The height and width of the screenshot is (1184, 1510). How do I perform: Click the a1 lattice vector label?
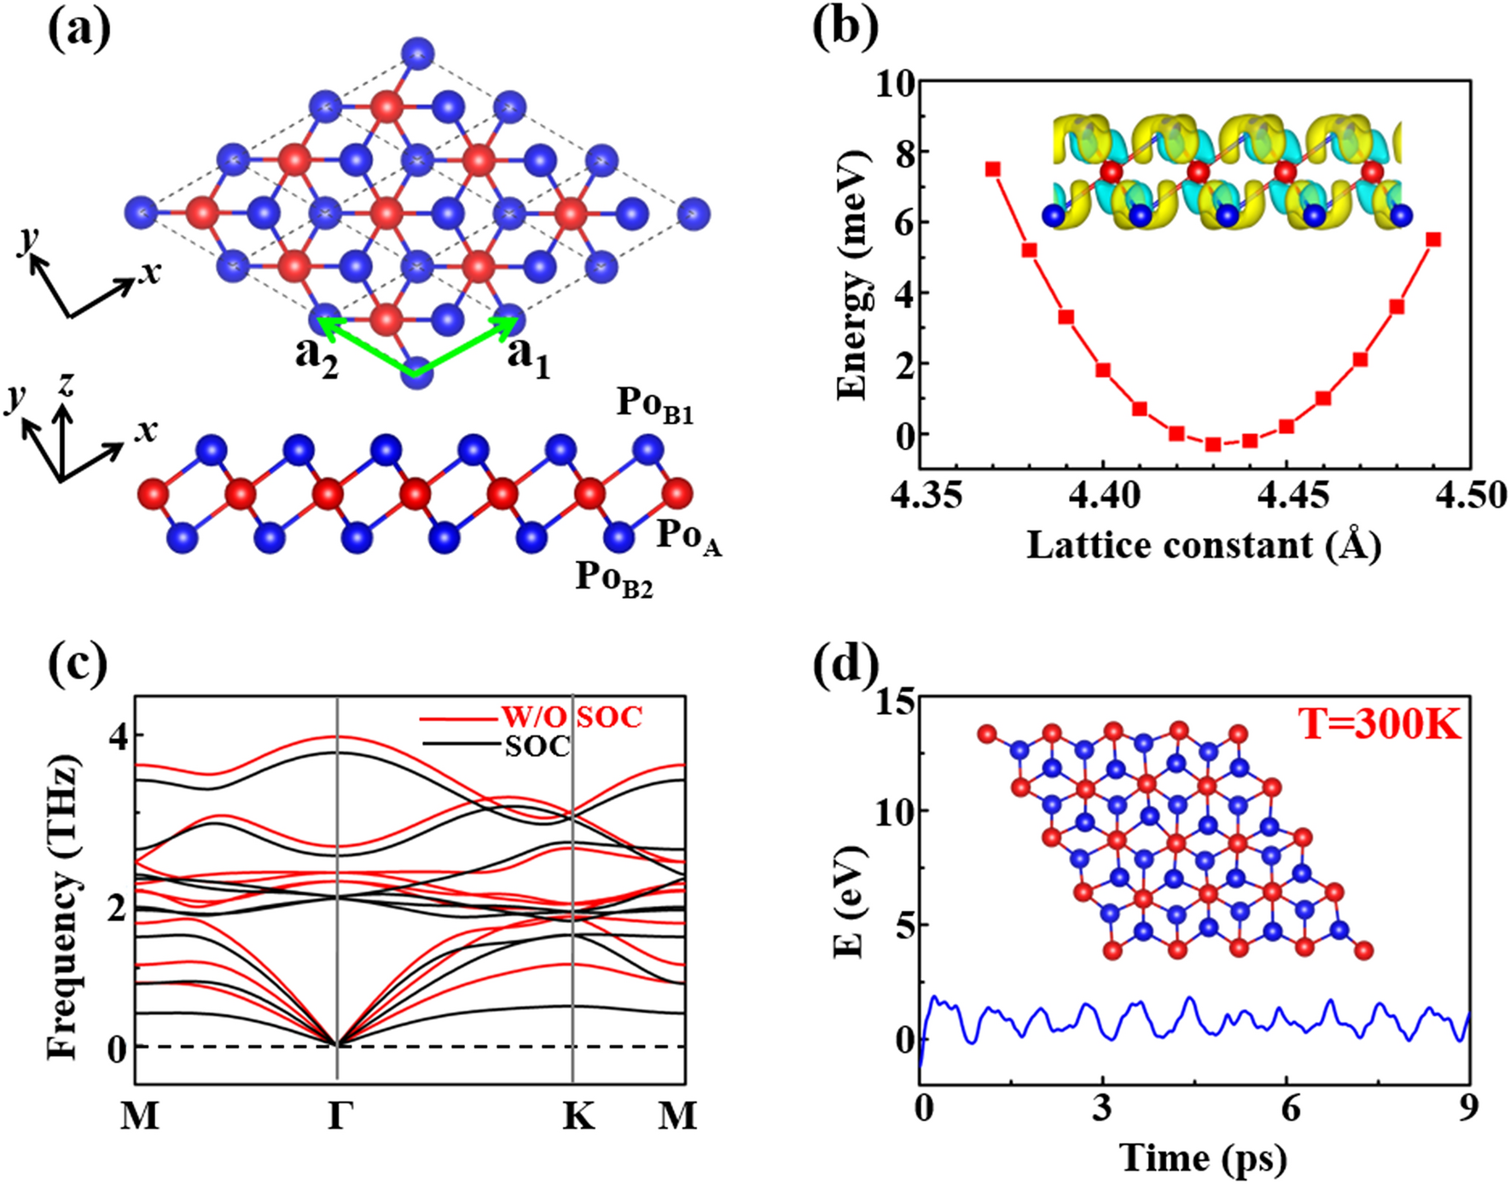coord(528,356)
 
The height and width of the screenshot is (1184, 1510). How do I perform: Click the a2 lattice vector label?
coord(317,356)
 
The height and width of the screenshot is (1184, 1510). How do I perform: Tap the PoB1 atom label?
coord(655,403)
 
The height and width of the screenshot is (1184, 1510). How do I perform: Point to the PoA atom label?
coord(688,537)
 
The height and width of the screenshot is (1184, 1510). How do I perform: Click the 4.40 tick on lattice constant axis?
coord(1102,495)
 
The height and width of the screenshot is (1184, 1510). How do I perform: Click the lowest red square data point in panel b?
coord(1212,444)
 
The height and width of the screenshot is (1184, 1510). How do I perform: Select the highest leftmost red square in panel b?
coord(992,169)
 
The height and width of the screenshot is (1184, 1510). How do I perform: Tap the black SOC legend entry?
coord(537,746)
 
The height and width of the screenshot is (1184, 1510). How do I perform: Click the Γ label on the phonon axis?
coord(339,1115)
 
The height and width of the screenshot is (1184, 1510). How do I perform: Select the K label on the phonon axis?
coord(578,1115)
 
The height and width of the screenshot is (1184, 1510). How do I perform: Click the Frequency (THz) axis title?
coord(63,906)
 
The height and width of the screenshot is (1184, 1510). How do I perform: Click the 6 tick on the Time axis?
coord(1290,1108)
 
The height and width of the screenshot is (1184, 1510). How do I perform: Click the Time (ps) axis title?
coord(1203,1158)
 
